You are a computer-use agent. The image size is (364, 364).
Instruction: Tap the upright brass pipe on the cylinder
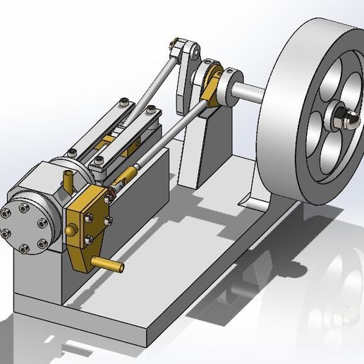click(x=68, y=181)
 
